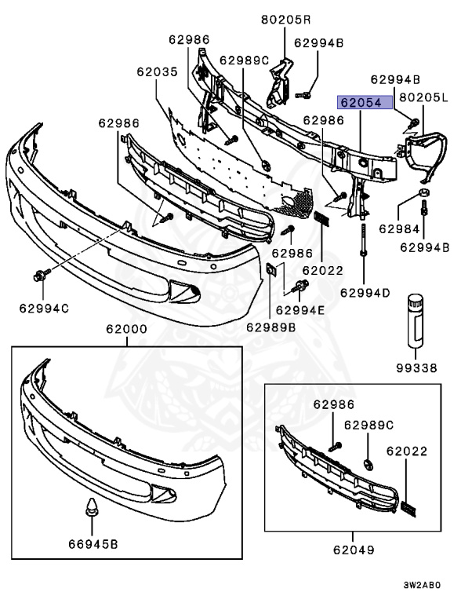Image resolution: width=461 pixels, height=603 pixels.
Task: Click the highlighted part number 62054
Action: coord(360,102)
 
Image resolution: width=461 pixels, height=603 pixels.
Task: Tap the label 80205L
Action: coord(424,98)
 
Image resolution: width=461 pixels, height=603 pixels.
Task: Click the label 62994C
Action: coord(44,308)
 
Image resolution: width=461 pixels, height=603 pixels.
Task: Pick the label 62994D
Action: coord(365,293)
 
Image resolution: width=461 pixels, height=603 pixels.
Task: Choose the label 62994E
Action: coord(299,309)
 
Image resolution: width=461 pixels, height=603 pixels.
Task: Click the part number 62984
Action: coord(400,228)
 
